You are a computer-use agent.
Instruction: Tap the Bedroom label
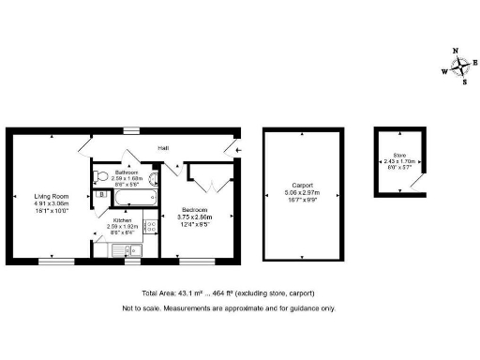coord(196,210)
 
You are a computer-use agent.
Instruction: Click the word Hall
coord(162,148)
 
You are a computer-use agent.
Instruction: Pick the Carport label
coord(302,186)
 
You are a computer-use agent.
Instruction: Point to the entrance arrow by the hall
coord(237,148)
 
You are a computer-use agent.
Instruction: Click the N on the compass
coord(456,52)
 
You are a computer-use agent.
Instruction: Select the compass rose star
coord(460,67)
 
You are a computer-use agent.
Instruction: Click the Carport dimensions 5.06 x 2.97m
coord(302,193)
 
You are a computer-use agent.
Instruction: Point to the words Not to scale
coord(140,308)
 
